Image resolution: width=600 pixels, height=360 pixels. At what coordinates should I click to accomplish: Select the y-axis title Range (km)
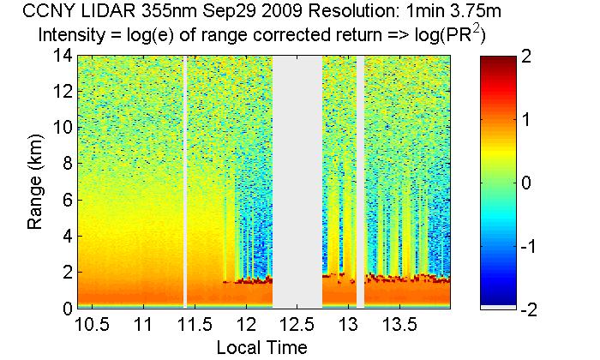click(36, 182)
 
